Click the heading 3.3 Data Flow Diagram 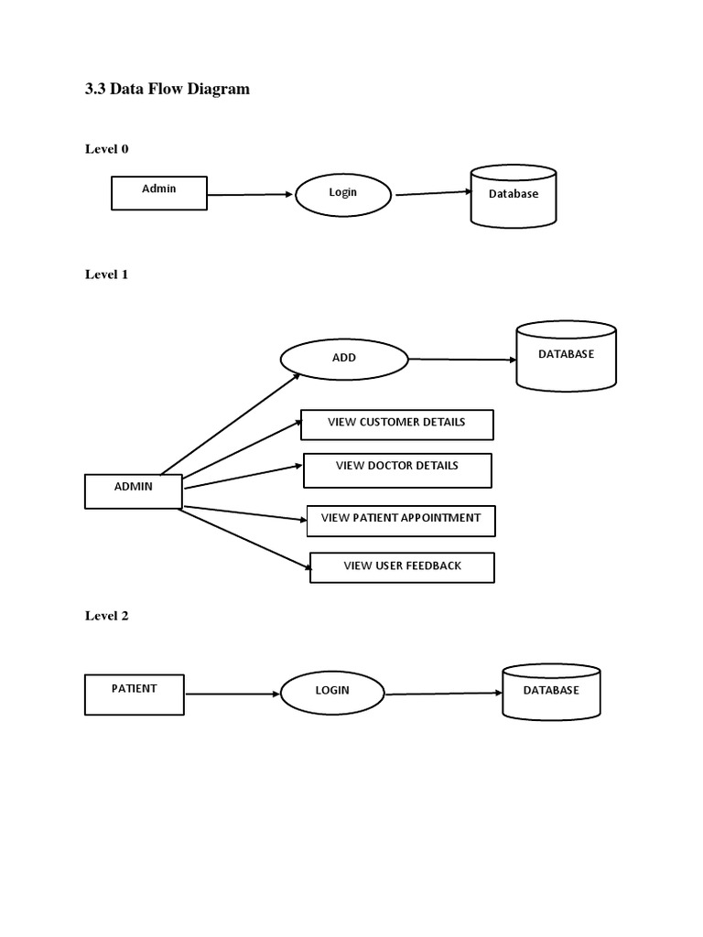(x=167, y=89)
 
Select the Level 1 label (x=107, y=274)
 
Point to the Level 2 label (x=107, y=616)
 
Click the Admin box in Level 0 (x=159, y=193)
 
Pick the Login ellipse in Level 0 (x=343, y=194)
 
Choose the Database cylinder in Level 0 (x=513, y=196)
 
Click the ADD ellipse (x=344, y=359)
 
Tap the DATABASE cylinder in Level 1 (x=566, y=356)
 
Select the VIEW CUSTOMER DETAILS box (x=397, y=424)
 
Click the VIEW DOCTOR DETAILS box (x=397, y=469)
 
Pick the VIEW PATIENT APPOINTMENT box (x=401, y=520)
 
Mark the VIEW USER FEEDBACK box (x=402, y=567)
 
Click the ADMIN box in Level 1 (x=134, y=490)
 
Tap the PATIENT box (x=135, y=695)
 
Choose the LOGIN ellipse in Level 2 (x=332, y=693)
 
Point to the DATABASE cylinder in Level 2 (x=551, y=693)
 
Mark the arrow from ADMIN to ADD (x=231, y=423)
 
